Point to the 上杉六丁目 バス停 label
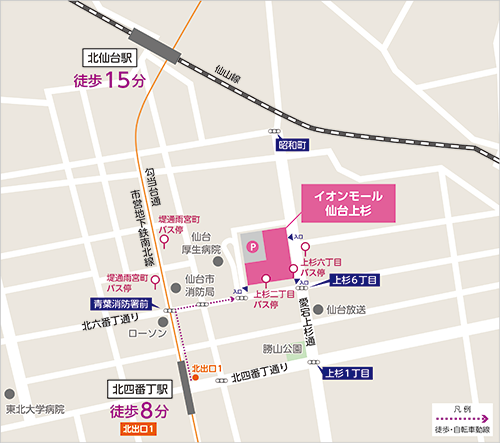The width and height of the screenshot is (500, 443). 316,265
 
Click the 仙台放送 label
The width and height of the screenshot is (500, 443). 348,310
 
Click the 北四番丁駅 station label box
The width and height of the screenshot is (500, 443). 141,390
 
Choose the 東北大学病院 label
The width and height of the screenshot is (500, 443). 34,409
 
